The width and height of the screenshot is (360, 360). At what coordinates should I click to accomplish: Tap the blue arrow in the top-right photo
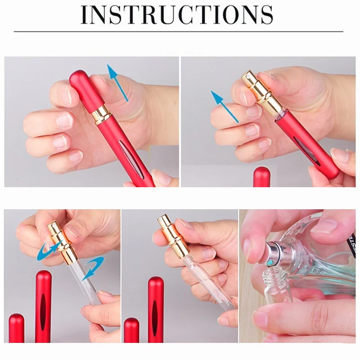225,106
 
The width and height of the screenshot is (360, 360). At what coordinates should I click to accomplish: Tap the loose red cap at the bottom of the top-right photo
261,177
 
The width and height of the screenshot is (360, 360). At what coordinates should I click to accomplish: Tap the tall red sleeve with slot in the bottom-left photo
43,306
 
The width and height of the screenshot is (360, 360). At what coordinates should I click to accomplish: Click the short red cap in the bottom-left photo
17,328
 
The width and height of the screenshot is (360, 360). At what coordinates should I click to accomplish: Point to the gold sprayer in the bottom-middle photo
172,237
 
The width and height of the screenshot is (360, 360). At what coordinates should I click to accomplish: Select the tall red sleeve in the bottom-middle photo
156,310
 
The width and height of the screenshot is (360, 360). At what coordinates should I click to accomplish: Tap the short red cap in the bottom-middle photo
131,330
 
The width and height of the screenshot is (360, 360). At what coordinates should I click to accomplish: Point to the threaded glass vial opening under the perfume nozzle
274,279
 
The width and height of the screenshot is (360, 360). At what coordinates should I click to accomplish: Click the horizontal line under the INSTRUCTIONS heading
179,31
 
